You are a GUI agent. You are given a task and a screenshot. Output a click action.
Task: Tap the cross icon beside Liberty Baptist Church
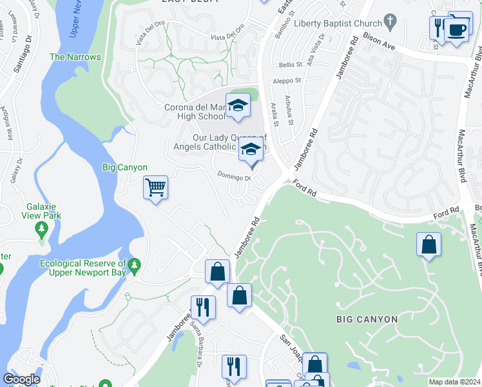click(x=389, y=23)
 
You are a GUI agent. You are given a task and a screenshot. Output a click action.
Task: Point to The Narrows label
click(x=75, y=57)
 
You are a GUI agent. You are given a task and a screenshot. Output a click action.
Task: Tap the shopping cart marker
click(x=155, y=188)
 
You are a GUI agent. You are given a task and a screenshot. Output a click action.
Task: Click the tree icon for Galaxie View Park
click(x=42, y=228)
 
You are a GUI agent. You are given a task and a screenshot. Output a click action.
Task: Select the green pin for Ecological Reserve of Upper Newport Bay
click(x=134, y=264)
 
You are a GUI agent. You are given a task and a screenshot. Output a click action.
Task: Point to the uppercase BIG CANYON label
click(x=367, y=319)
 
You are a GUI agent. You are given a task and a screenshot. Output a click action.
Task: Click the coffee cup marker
click(x=457, y=29)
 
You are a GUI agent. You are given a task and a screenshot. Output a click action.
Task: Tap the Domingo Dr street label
click(x=233, y=175)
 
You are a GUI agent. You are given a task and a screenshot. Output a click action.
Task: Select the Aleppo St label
click(x=289, y=81)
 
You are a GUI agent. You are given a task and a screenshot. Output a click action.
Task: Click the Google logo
click(x=21, y=379)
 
